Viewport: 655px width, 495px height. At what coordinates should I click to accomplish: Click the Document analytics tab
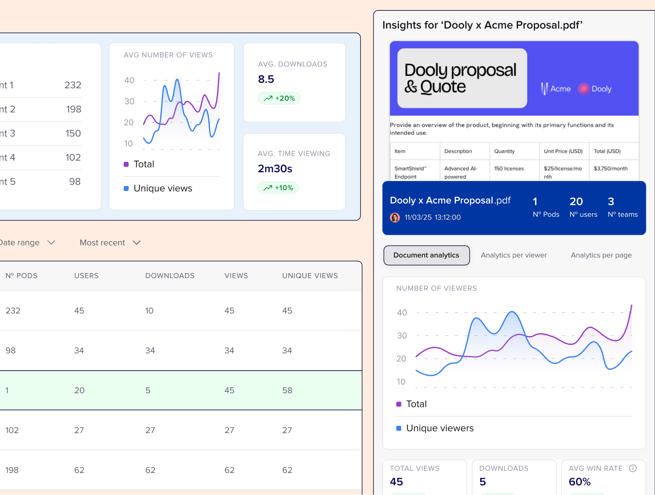(x=426, y=255)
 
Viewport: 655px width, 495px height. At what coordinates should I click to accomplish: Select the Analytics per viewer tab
(x=514, y=255)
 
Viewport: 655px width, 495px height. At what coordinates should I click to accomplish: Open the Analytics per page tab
(x=601, y=255)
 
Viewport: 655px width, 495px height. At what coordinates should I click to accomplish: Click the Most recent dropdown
(x=110, y=243)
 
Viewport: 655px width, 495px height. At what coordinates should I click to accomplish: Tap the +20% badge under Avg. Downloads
(x=279, y=98)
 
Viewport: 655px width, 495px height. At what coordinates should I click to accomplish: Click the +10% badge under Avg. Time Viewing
(x=278, y=188)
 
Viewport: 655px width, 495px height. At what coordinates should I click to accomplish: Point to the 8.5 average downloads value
(x=266, y=79)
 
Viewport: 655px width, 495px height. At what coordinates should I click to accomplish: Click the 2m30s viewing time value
(x=275, y=169)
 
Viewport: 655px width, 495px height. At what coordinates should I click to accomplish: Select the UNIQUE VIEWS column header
(x=310, y=276)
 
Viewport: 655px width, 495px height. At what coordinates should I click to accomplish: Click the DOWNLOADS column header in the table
(x=170, y=276)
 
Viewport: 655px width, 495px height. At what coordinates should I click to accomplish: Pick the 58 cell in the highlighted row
(x=287, y=391)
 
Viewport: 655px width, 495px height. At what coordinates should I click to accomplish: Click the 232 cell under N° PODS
(x=13, y=311)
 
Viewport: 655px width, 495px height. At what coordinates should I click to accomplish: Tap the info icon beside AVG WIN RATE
(x=633, y=468)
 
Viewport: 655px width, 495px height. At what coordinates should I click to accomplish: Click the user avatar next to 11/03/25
(x=395, y=217)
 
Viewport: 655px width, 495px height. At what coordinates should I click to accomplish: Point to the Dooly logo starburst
(x=584, y=89)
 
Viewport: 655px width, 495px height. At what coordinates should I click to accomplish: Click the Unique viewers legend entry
(x=439, y=428)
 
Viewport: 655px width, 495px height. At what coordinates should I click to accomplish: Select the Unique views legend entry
(x=162, y=188)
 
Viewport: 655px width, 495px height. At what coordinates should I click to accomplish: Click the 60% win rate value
(x=580, y=482)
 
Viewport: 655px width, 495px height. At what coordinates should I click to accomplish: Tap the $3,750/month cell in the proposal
(x=610, y=169)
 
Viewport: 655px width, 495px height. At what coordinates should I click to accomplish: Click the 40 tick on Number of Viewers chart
(x=402, y=313)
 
